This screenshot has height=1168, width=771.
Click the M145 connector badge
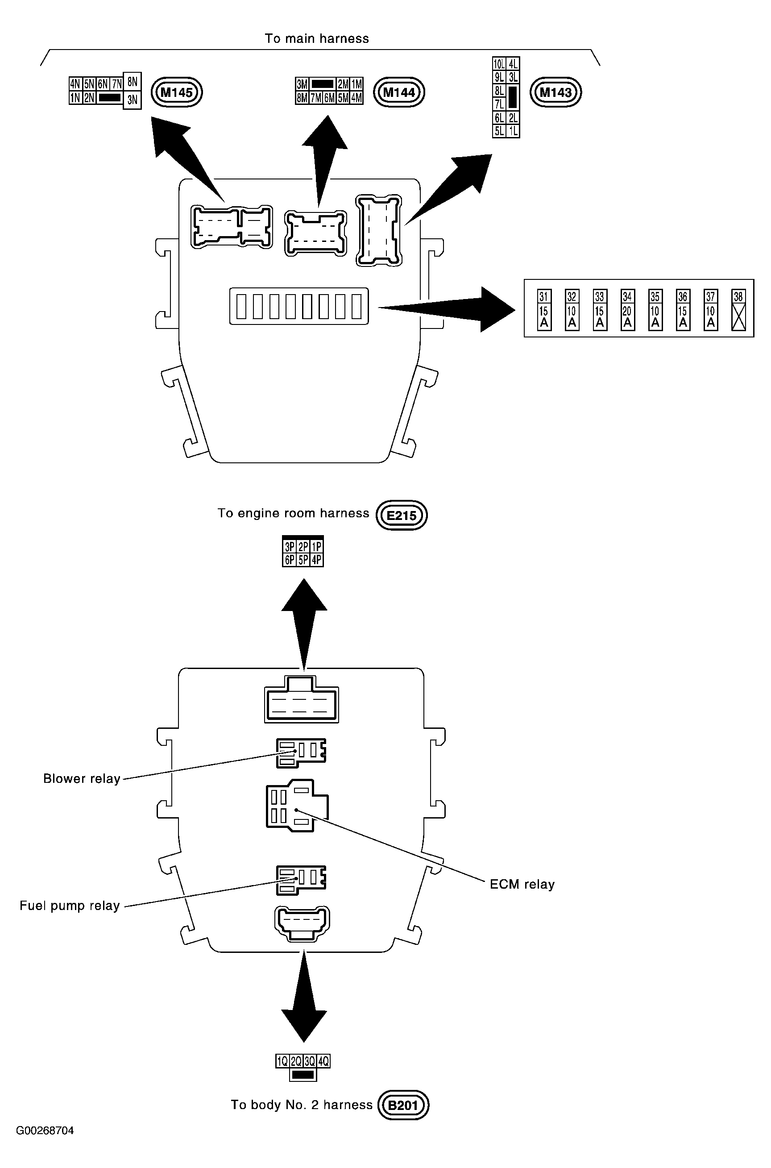pos(177,92)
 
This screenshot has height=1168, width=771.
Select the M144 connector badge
pos(399,92)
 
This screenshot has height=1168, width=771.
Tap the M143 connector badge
pos(555,92)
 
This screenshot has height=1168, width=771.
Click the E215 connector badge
pos(401,515)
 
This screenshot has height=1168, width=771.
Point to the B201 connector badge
pos(403,1105)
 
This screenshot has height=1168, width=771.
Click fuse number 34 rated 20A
pos(627,309)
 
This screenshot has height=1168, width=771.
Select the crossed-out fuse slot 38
pos(738,309)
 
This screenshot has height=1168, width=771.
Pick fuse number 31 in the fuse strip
pos(544,309)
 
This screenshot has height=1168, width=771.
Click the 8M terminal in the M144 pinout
pos(302,98)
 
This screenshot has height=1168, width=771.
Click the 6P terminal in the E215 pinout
pos(289,560)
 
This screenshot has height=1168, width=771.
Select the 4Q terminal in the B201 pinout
pos(323,1061)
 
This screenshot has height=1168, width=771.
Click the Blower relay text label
pos(82,778)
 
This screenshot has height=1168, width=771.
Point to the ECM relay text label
pos(522,884)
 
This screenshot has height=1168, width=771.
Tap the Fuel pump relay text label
pos(69,906)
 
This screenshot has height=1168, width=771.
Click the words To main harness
pos(317,38)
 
